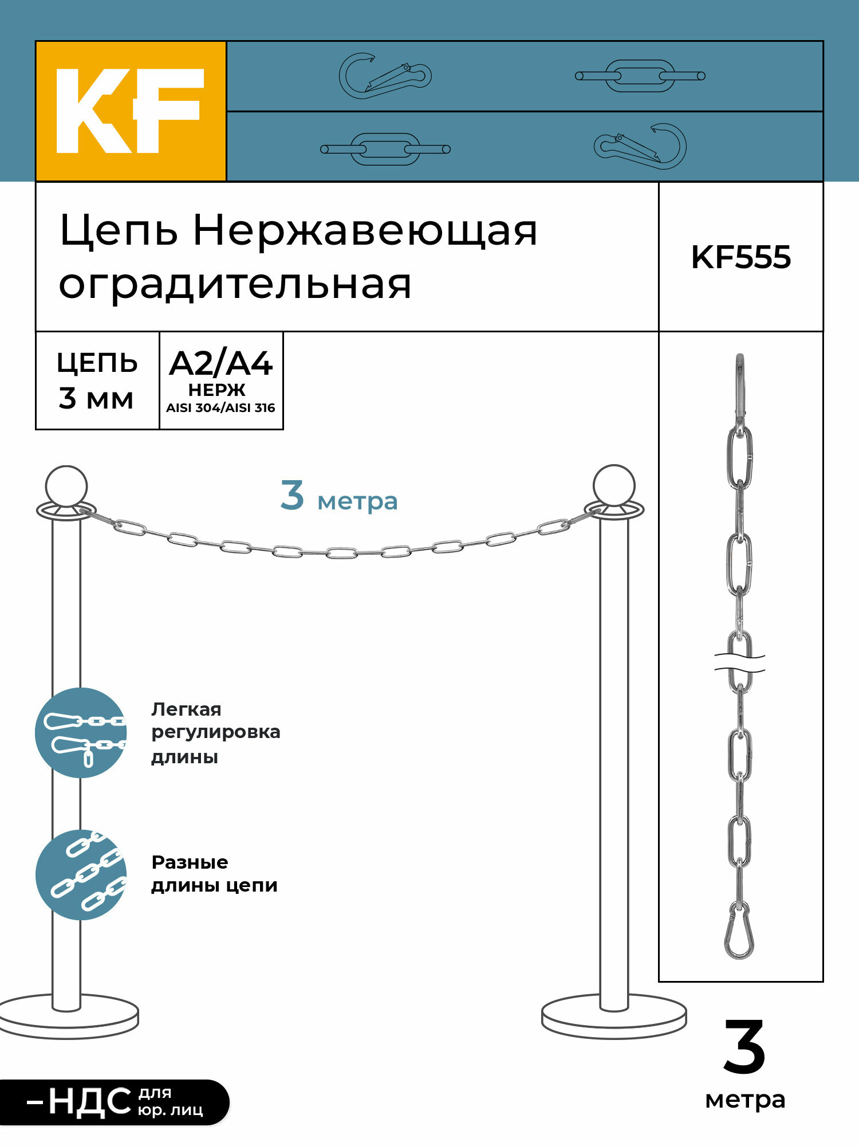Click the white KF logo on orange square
pyautogui.click(x=130, y=111)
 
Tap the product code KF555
pyautogui.click(x=741, y=257)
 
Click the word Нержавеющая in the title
pyautogui.click(x=365, y=231)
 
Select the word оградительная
pyautogui.click(x=235, y=285)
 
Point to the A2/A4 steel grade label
pyautogui.click(x=221, y=364)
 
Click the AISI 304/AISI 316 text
pyautogui.click(x=220, y=408)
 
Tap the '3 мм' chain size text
pyautogui.click(x=96, y=399)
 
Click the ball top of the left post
pyautogui.click(x=66, y=486)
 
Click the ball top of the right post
pyautogui.click(x=614, y=485)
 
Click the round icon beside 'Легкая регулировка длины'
pyautogui.click(x=81, y=733)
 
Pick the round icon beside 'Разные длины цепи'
pyautogui.click(x=81, y=875)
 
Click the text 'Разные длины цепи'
pyautogui.click(x=214, y=874)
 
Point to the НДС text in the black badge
pyautogui.click(x=89, y=1102)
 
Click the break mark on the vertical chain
pyautogui.click(x=740, y=662)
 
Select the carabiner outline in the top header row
pyautogui.click(x=385, y=76)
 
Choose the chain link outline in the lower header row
pyautogui.click(x=385, y=150)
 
